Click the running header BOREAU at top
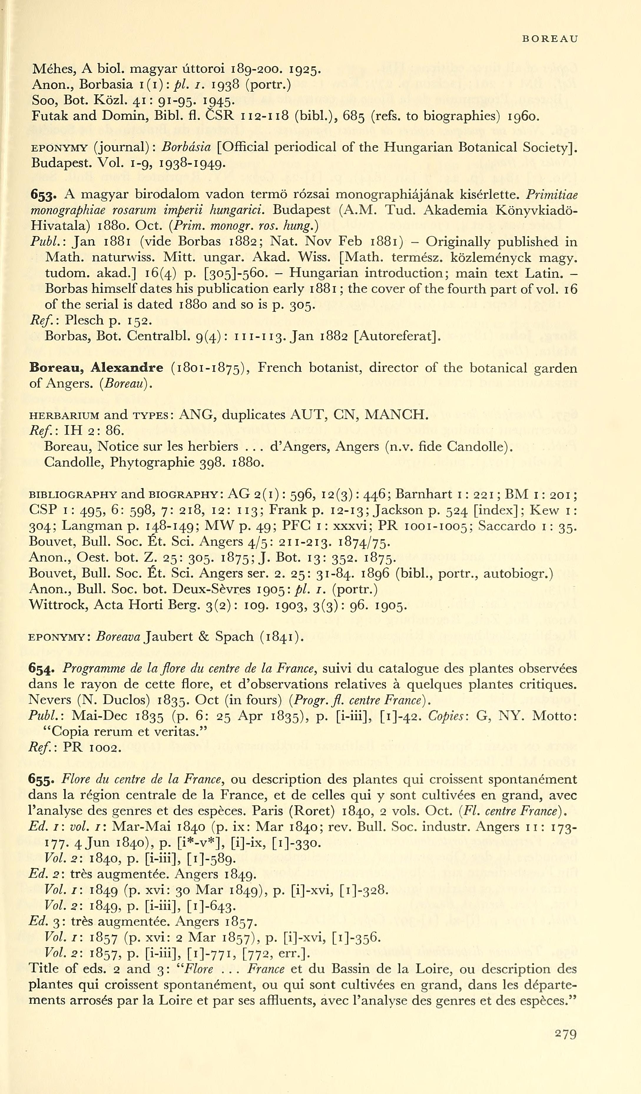(549, 39)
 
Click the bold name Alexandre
(127, 368)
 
